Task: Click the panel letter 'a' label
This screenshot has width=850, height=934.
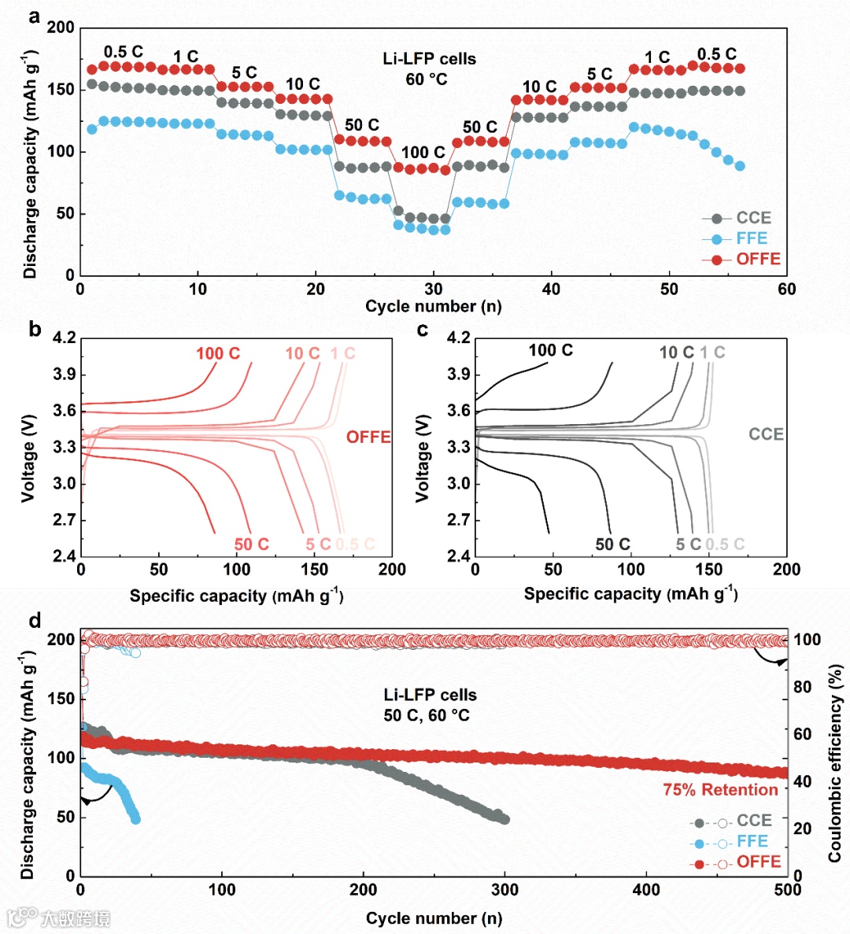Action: click(x=34, y=16)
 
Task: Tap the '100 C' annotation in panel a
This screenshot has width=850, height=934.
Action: click(x=423, y=153)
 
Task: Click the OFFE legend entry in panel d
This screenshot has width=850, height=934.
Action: click(x=758, y=862)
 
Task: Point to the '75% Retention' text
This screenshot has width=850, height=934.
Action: click(x=720, y=790)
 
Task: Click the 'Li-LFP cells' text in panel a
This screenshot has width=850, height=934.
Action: click(x=429, y=59)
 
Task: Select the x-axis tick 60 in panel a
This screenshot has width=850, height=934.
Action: click(x=786, y=290)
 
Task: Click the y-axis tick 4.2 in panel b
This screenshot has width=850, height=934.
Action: click(x=64, y=338)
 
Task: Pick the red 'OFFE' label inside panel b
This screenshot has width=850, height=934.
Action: click(x=368, y=437)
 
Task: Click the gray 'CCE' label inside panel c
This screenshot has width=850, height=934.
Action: click(x=766, y=434)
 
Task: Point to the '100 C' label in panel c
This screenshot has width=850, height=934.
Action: click(x=550, y=351)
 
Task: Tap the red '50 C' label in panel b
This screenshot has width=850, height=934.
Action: click(x=252, y=545)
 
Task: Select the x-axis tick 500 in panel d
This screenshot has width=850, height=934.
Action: click(x=787, y=890)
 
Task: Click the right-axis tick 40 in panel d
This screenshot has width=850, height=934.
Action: click(x=802, y=781)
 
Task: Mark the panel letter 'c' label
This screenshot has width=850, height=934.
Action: click(x=423, y=330)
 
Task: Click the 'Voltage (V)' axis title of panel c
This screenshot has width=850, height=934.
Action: click(x=423, y=458)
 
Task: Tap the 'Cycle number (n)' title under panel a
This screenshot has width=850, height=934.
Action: click(x=433, y=307)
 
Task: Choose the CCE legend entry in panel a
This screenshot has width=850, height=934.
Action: click(x=752, y=218)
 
